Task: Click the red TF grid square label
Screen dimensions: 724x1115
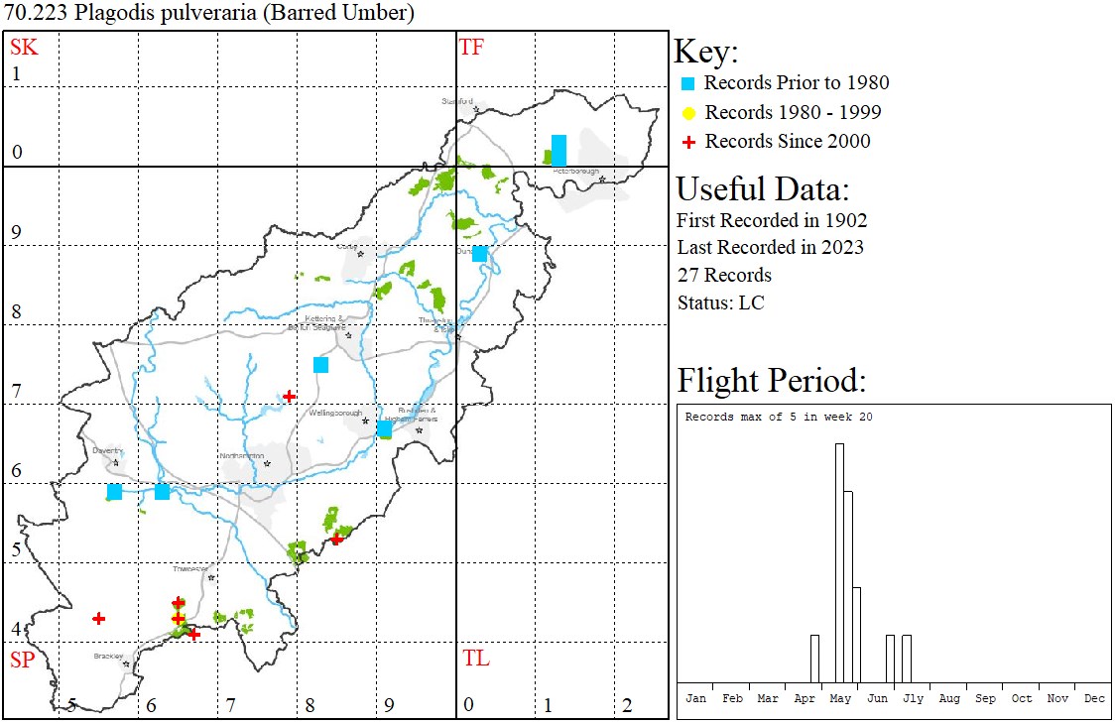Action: click(471, 47)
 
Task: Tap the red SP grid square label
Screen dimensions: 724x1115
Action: click(23, 660)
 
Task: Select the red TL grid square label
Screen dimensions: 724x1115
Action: click(476, 658)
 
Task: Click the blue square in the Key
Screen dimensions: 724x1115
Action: click(689, 83)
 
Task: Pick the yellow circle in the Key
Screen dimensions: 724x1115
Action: click(689, 112)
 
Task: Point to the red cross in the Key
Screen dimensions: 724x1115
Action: click(689, 142)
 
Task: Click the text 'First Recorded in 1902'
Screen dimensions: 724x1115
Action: click(772, 220)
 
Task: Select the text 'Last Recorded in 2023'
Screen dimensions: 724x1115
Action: click(770, 247)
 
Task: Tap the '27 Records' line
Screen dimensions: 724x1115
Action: click(724, 275)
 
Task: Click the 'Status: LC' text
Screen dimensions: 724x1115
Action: click(721, 302)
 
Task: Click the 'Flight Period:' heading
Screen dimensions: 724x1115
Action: click(772, 381)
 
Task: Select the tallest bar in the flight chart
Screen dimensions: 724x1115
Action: click(839, 562)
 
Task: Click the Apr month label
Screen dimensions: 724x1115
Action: click(804, 698)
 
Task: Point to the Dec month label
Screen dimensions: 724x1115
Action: click(1094, 698)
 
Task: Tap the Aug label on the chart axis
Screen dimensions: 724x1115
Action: click(949, 698)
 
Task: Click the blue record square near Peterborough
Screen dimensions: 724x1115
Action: click(558, 151)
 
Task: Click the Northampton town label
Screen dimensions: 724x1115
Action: click(241, 456)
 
